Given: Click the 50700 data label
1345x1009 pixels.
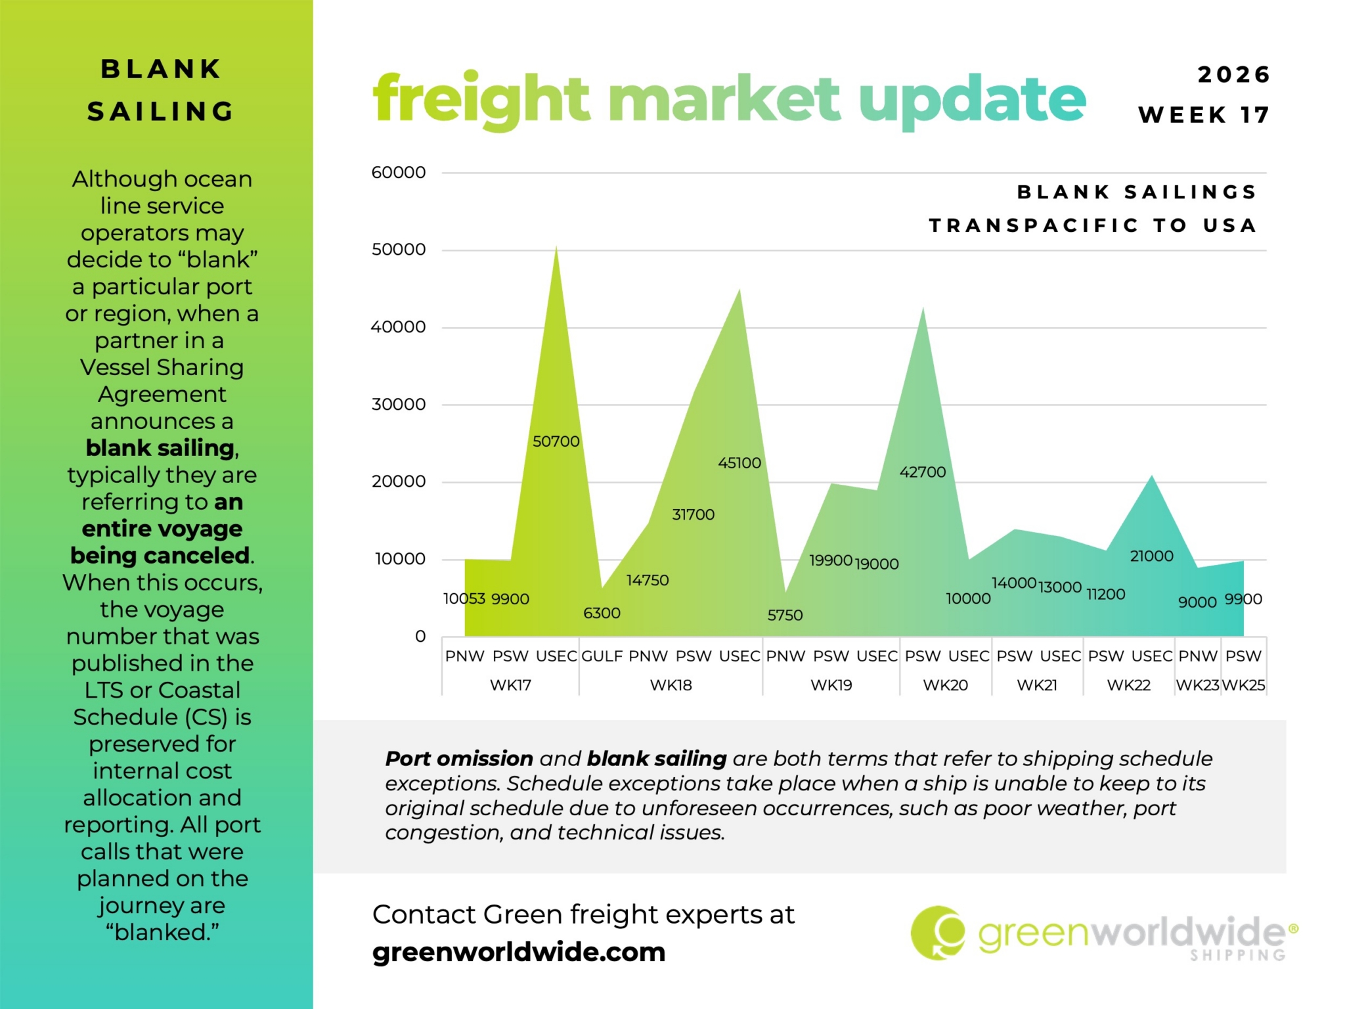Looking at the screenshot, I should [556, 441].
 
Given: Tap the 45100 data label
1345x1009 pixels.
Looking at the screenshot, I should [739, 463].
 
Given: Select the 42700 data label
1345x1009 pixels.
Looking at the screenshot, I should [922, 472].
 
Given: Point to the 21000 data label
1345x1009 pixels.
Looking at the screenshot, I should [1151, 556].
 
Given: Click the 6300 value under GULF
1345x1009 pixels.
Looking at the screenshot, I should [602, 613].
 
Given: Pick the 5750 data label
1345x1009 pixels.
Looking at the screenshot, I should [785, 616].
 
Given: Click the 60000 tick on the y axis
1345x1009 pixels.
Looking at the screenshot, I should [398, 173].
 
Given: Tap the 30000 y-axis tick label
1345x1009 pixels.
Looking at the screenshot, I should [398, 405].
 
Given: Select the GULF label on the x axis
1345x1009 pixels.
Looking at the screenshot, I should [602, 656].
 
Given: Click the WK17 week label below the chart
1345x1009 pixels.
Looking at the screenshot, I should [510, 685].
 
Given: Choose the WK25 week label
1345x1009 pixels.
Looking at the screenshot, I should [1243, 685].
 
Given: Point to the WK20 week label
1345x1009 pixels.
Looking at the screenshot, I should [945, 685].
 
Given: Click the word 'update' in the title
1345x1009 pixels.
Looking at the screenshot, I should [972, 100].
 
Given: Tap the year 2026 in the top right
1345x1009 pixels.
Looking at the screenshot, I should [1234, 75].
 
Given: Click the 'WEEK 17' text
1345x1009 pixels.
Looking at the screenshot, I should [1204, 115].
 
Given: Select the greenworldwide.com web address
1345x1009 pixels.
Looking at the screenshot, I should [519, 952].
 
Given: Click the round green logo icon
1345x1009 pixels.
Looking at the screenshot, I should [938, 933].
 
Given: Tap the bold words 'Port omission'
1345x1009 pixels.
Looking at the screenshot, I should [458, 759].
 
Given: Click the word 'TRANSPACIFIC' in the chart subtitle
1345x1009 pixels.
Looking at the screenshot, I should [1034, 225].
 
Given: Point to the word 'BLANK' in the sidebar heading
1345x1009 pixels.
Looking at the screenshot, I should [161, 69].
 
